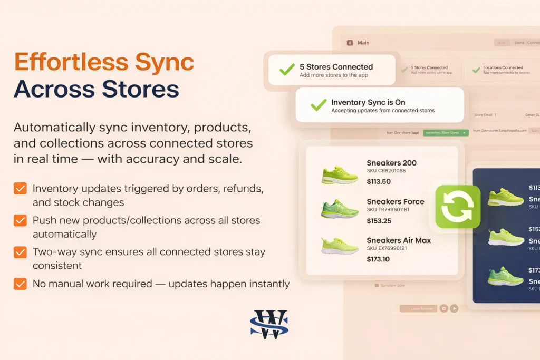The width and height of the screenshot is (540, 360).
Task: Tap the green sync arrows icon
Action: pyautogui.click(x=458, y=207)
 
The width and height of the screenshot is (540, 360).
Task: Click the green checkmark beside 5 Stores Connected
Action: pyautogui.click(x=287, y=70)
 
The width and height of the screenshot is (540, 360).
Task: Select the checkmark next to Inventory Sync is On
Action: pyautogui.click(x=319, y=105)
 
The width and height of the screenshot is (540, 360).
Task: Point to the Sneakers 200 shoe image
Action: pyautogui.click(x=339, y=174)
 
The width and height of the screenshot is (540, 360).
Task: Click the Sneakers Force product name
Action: pyautogui.click(x=395, y=201)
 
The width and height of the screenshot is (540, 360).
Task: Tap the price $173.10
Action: pyautogui.click(x=378, y=259)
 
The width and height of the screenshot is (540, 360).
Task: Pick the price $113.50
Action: pyautogui.click(x=378, y=182)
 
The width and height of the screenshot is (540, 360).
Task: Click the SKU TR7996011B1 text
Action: pyautogui.click(x=388, y=210)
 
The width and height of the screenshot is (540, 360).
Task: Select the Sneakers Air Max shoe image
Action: pyautogui.click(x=339, y=246)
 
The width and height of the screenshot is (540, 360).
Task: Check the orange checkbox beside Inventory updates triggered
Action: pyautogui.click(x=20, y=189)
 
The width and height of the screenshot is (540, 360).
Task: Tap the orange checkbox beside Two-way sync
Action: pyautogui.click(x=20, y=252)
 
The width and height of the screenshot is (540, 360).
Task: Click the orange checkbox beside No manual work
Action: pyautogui.click(x=20, y=284)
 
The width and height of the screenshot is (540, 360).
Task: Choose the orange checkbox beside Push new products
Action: pyautogui.click(x=20, y=220)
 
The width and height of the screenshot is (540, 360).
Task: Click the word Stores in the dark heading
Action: pyautogui.click(x=142, y=89)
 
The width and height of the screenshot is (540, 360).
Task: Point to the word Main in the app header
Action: pyautogui.click(x=363, y=43)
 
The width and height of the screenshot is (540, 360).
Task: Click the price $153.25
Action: pyautogui.click(x=378, y=221)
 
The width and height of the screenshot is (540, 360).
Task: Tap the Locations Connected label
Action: pyautogui.click(x=503, y=67)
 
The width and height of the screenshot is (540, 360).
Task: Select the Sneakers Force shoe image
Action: pyautogui.click(x=339, y=209)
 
